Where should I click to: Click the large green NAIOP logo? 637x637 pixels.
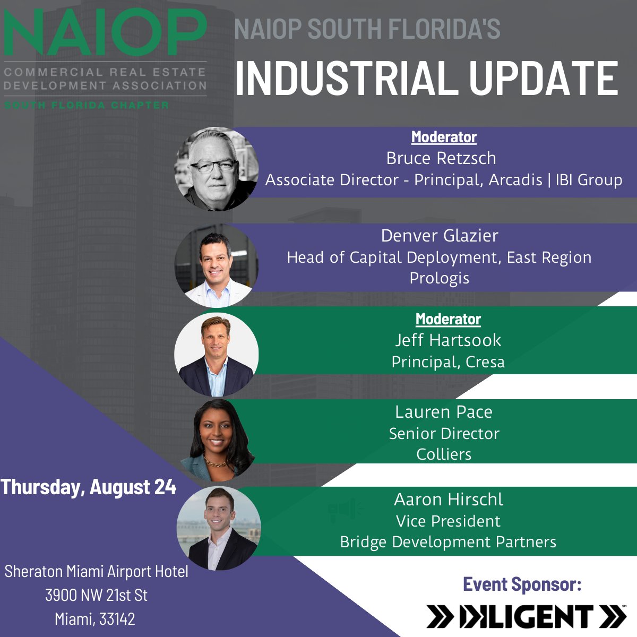coord(105,33)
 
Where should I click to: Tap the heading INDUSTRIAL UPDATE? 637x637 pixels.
coord(426,79)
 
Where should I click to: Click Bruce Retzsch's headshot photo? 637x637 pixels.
coord(217,169)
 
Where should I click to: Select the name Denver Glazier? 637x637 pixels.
coord(440,236)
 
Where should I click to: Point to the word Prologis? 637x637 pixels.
coord(439,278)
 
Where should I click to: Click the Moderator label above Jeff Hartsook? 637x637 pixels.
coord(448,319)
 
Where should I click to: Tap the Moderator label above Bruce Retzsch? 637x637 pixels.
coord(444,137)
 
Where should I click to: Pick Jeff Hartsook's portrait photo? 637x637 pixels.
coord(217,354)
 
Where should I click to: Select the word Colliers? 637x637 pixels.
coord(444,454)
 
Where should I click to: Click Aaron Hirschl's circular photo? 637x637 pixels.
coord(219,529)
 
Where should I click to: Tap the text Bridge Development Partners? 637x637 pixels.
coord(448,542)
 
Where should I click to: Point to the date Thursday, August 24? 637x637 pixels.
coord(89,487)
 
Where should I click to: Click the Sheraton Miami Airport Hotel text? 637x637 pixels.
coord(97,571)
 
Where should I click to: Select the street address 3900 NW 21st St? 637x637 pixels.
coord(96,595)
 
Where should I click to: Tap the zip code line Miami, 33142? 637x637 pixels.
coord(95,619)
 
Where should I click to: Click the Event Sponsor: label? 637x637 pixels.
coord(522,584)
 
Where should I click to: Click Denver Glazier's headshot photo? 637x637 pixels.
coord(217,265)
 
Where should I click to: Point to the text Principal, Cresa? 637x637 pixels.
coord(448,362)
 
